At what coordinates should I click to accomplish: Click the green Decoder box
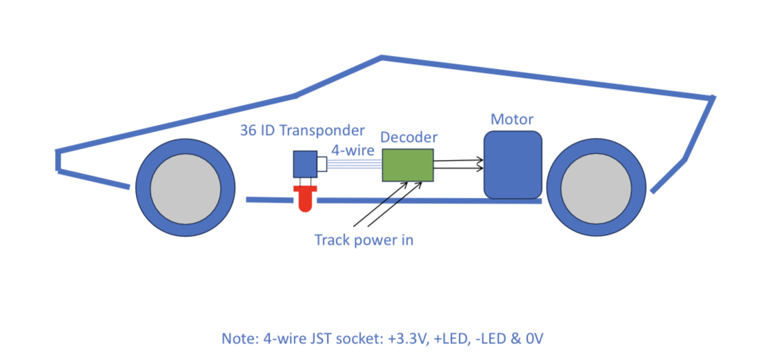click(x=408, y=166)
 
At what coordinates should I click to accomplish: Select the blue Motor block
click(x=513, y=165)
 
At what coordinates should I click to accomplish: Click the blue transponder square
click(x=305, y=164)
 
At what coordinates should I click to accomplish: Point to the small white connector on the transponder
click(x=321, y=164)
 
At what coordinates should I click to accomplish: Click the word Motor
click(x=512, y=119)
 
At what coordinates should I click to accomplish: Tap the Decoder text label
click(x=408, y=137)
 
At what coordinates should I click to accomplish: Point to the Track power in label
click(x=364, y=240)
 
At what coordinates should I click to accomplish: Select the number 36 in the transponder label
click(x=248, y=130)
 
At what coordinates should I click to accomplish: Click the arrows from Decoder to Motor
click(x=459, y=163)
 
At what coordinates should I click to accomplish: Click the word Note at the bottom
click(x=237, y=339)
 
